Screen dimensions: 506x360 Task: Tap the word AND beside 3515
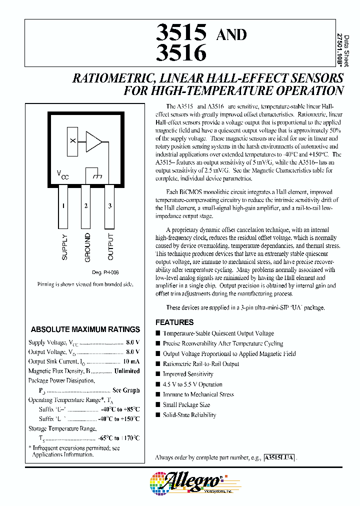pyautogui.click(x=230, y=34)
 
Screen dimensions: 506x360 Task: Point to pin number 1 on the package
pyautogui.click(x=63, y=205)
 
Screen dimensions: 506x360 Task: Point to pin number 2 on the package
pyautogui.click(x=86, y=205)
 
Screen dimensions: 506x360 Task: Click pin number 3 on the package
pyautogui.click(x=109, y=205)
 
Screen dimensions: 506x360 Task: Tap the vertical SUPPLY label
pyautogui.click(x=64, y=246)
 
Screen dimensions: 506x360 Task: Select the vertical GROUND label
pyautogui.click(x=87, y=247)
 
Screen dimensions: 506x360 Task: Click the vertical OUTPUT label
pyautogui.click(x=110, y=247)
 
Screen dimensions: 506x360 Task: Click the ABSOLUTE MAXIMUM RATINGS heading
pyautogui.click(x=85, y=329)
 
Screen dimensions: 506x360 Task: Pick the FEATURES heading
pyautogui.click(x=174, y=322)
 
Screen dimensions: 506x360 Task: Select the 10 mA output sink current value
pyautogui.click(x=131, y=361)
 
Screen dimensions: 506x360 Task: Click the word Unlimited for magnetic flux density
pyautogui.click(x=126, y=371)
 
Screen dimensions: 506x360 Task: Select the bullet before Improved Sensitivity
pyautogui.click(x=158, y=374)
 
